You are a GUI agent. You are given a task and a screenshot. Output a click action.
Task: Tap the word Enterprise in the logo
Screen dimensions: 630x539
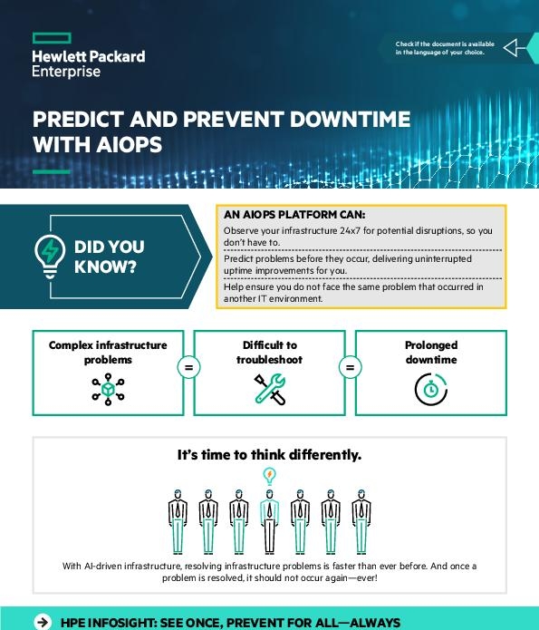[x=66, y=73]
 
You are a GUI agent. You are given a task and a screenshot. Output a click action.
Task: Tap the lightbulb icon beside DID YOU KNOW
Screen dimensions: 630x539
[x=48, y=255]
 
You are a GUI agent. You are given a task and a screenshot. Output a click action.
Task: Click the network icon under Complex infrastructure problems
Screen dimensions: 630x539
[x=108, y=387]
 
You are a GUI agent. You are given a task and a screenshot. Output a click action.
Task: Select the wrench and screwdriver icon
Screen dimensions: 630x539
[x=269, y=388]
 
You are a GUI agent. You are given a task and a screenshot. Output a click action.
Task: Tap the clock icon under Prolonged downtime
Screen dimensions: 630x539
[x=430, y=388]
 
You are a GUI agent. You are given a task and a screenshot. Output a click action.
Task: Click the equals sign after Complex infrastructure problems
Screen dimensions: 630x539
[x=188, y=368]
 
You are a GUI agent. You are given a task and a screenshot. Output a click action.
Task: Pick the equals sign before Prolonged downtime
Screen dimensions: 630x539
[x=350, y=368]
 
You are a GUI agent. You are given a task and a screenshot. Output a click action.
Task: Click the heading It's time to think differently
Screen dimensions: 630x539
[x=269, y=455]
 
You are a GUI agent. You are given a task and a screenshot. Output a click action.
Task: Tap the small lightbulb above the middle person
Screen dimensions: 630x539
[x=269, y=475]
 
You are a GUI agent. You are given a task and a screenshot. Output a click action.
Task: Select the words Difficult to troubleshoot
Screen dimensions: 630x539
[x=269, y=352]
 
